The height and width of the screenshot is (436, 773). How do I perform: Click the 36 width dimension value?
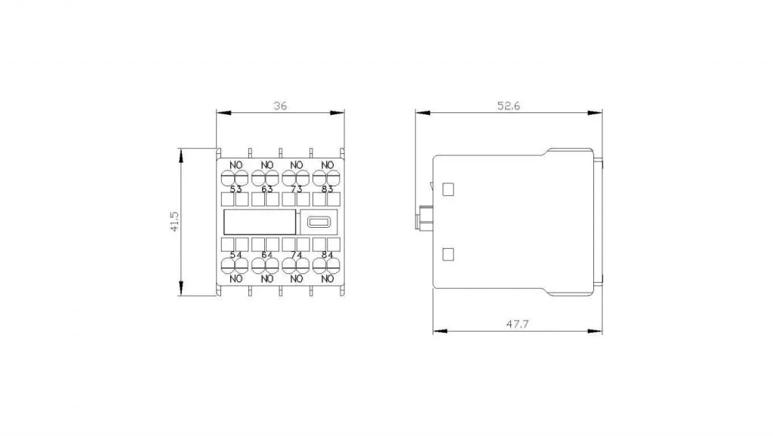tap(280, 106)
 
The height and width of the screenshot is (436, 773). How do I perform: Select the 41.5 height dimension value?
tap(174, 222)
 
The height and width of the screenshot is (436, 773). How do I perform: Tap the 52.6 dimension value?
tap(508, 106)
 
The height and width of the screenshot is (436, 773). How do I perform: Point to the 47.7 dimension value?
tap(517, 324)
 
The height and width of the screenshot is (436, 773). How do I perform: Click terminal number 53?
tap(236, 189)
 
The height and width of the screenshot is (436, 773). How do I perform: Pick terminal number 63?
tap(266, 189)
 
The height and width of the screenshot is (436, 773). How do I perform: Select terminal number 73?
tap(296, 189)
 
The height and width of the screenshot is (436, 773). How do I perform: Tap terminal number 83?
tap(328, 189)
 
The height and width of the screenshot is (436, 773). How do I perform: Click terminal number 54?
tap(236, 255)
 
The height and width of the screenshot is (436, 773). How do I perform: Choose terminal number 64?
tap(266, 255)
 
